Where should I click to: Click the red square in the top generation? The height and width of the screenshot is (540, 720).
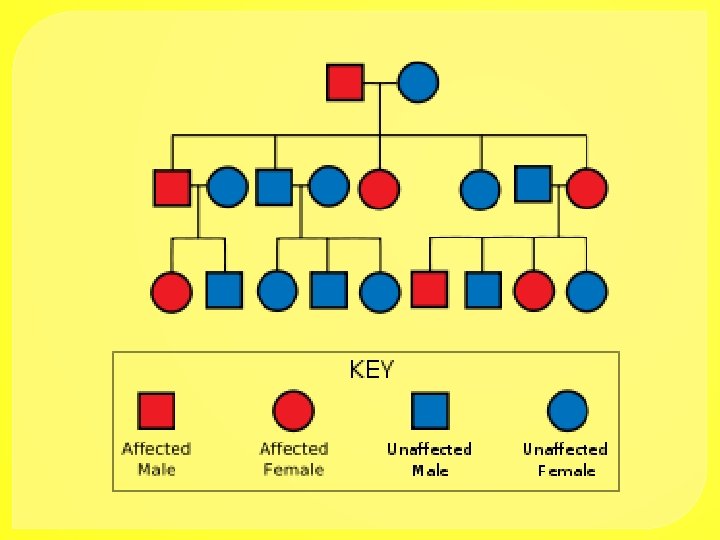(x=345, y=82)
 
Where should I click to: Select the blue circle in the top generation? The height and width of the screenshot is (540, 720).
(x=418, y=82)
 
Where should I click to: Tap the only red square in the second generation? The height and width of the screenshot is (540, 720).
(x=172, y=188)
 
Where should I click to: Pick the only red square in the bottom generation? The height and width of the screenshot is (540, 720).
(x=430, y=289)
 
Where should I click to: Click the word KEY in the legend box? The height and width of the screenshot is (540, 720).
(x=372, y=370)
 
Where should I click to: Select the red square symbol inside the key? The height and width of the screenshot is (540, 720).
(x=157, y=410)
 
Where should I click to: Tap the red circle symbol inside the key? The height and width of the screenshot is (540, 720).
(x=293, y=411)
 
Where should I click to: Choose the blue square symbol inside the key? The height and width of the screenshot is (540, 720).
(x=431, y=410)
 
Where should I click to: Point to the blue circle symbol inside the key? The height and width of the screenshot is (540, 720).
(x=567, y=411)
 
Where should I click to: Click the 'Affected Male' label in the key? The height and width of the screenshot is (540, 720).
(x=156, y=459)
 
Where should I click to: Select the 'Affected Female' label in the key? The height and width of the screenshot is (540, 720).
(x=293, y=459)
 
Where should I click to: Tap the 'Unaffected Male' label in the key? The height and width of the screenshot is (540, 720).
(x=430, y=459)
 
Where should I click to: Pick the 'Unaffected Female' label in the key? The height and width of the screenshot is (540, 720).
(x=566, y=459)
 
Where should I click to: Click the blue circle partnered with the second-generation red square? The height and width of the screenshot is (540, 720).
(x=227, y=187)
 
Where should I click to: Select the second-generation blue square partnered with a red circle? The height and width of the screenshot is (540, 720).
(x=533, y=183)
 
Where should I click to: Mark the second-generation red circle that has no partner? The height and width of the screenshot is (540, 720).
(x=379, y=189)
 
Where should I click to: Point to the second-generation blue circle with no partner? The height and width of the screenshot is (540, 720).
(x=480, y=189)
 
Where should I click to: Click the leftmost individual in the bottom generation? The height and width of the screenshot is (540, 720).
(x=171, y=290)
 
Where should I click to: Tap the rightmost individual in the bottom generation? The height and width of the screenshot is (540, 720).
(x=586, y=290)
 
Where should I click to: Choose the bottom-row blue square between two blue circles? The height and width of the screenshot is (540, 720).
(x=328, y=290)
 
